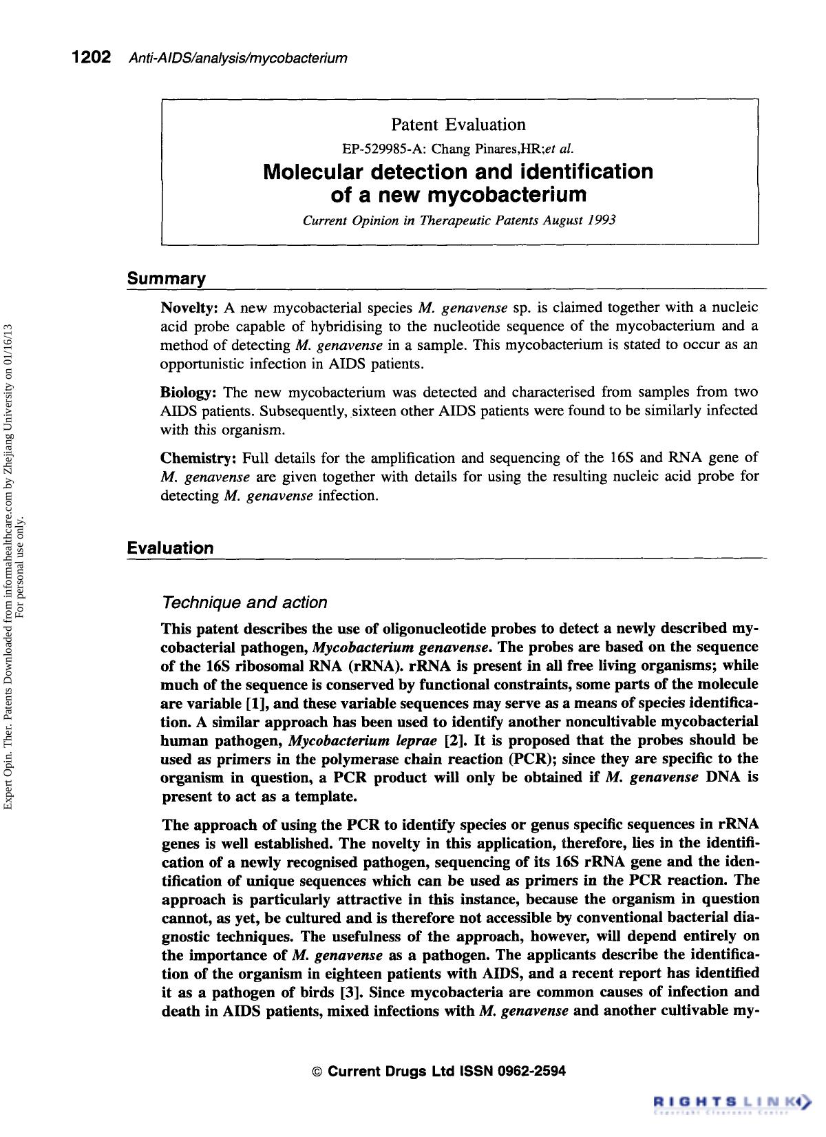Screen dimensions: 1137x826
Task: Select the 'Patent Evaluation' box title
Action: [458, 125]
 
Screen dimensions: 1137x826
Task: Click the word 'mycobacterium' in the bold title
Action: [507, 196]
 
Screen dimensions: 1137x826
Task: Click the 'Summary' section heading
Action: [166, 279]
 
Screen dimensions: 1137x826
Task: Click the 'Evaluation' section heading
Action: [170, 548]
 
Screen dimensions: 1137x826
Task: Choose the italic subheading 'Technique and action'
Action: [244, 603]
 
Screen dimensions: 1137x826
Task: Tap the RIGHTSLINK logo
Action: [732, 1100]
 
